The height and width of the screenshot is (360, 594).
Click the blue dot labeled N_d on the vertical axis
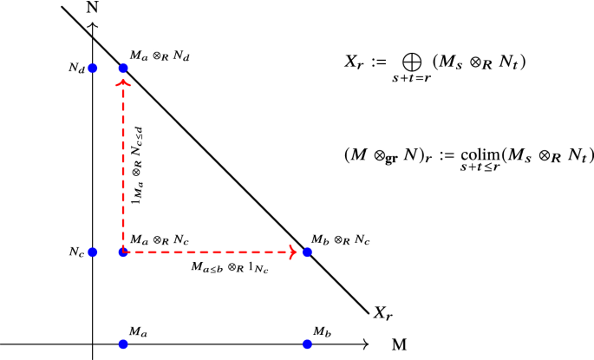[93, 67]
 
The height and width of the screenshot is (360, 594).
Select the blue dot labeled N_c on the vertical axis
[93, 252]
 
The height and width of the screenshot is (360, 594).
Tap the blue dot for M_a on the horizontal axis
[123, 344]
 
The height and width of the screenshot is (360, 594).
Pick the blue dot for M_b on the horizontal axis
[307, 344]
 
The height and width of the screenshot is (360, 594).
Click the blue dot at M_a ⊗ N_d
[123, 67]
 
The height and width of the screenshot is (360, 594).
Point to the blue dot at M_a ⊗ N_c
[123, 252]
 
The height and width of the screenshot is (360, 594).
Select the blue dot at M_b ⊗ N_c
[307, 252]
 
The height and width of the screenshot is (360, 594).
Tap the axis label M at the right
[400, 344]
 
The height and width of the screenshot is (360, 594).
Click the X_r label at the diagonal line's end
[382, 312]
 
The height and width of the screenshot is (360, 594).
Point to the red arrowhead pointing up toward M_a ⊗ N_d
[123, 82]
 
